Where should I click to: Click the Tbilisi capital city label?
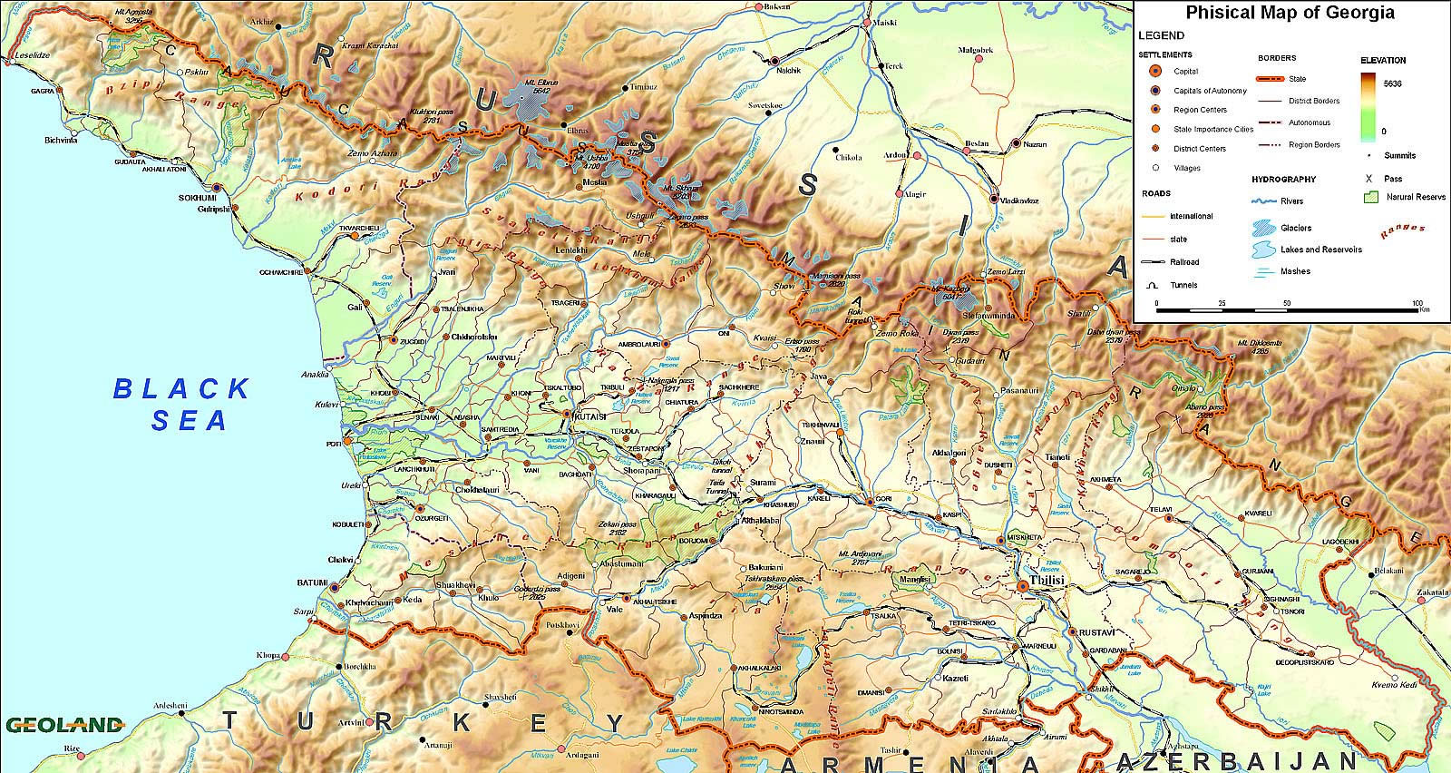pos(1045,579)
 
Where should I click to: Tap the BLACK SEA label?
pos(181,404)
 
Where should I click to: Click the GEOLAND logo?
pos(63,725)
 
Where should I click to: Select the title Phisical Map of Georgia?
pos(1290,13)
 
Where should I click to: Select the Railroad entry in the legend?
pos(1184,262)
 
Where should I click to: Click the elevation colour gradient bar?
pos(1369,106)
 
